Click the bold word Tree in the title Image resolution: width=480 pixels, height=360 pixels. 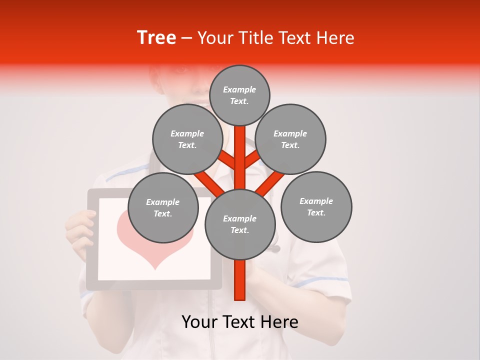pyautogui.click(x=156, y=37)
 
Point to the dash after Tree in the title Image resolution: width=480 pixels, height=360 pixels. pyautogui.click(x=186, y=38)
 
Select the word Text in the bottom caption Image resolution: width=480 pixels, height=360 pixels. pyautogui.click(x=239, y=322)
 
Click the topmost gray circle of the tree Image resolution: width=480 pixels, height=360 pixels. pyautogui.click(x=239, y=95)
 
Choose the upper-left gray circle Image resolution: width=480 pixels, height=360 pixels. pyautogui.click(x=187, y=139)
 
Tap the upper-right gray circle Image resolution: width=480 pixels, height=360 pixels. pyautogui.click(x=290, y=139)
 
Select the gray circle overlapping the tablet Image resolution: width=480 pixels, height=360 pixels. pyautogui.click(x=163, y=207)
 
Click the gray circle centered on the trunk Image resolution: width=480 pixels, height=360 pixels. pyautogui.click(x=240, y=224)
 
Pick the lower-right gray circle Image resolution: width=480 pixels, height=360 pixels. pyautogui.click(x=316, y=206)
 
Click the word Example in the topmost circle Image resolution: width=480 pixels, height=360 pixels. pyautogui.click(x=239, y=89)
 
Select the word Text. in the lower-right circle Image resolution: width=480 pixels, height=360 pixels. pyautogui.click(x=316, y=212)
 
